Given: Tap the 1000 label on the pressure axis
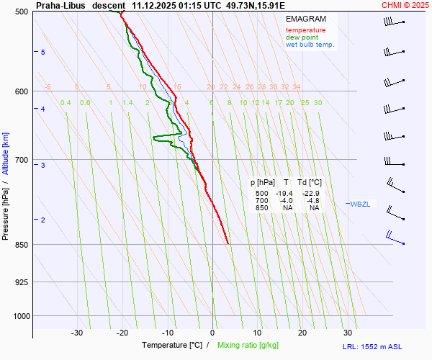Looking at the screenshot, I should click(20, 315).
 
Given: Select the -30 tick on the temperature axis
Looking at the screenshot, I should click(77, 333).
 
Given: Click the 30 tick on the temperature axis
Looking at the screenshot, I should click(348, 333).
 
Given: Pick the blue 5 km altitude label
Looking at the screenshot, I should click(43, 53).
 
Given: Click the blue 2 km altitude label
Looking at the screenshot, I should click(43, 220).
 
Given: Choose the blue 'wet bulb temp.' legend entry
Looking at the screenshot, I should click(310, 45).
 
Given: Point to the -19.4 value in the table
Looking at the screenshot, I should click(285, 194).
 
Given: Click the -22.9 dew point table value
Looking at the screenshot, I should click(312, 194).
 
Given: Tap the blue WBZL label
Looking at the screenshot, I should click(360, 204).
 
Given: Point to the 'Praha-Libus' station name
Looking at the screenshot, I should click(60, 5).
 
